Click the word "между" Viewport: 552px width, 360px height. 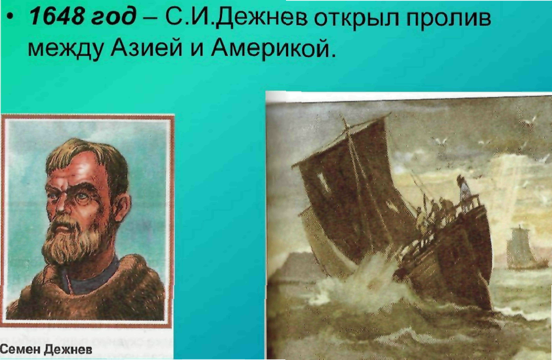[66, 48]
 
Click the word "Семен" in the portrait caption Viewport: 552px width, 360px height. [21, 349]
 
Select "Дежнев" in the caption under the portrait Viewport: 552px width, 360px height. [69, 349]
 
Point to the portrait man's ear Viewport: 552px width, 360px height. [122, 208]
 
